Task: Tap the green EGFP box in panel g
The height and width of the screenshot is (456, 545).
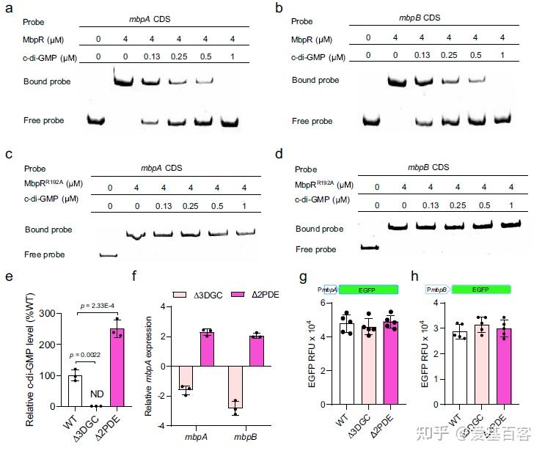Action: tap(367, 290)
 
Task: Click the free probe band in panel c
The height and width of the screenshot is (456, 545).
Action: tap(108, 255)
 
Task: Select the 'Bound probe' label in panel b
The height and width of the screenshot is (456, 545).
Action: tap(315, 80)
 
